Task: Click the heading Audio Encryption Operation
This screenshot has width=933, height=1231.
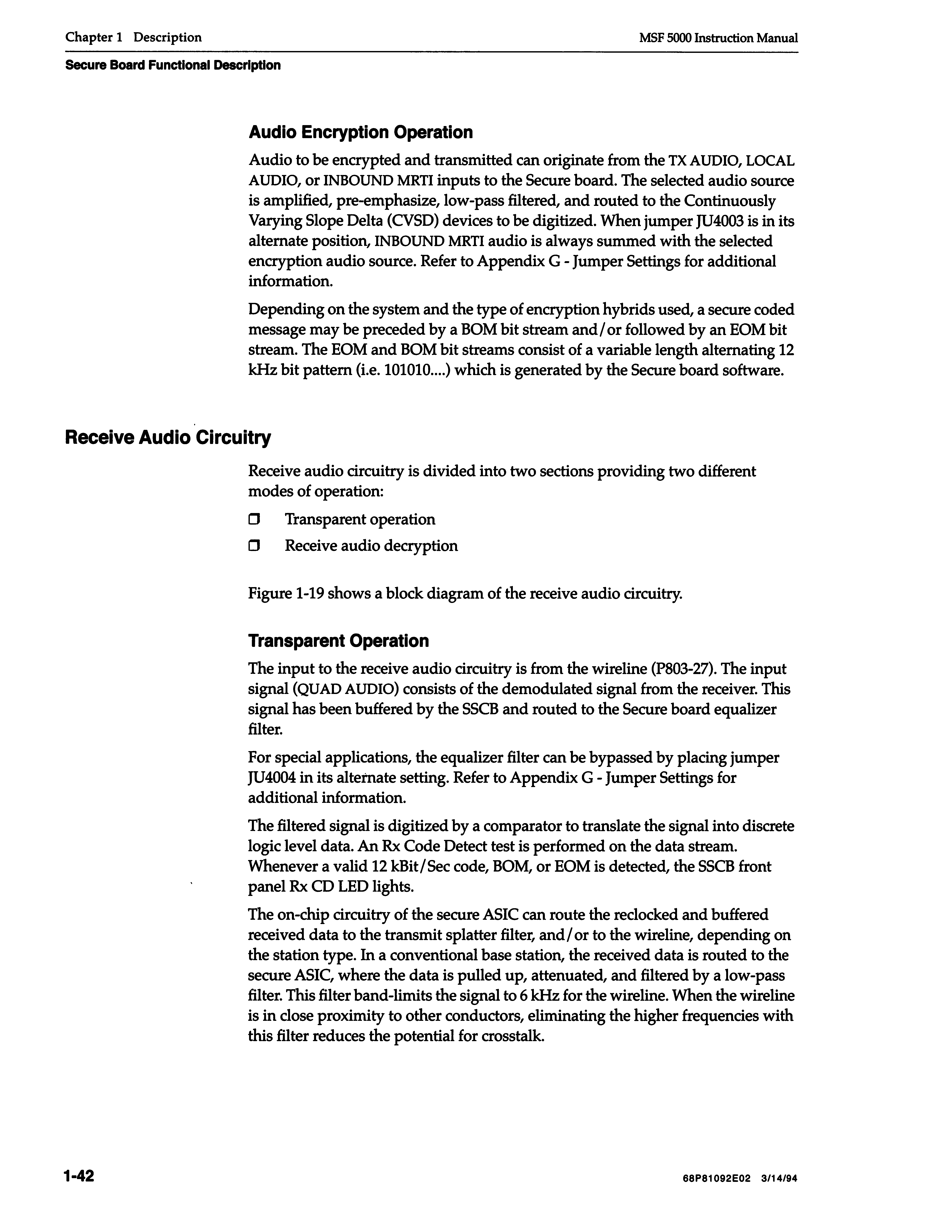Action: click(360, 133)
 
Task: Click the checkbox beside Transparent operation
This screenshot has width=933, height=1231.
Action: click(254, 520)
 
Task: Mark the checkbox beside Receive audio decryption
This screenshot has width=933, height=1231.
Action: click(254, 546)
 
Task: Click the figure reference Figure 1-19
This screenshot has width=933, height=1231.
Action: click(285, 594)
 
